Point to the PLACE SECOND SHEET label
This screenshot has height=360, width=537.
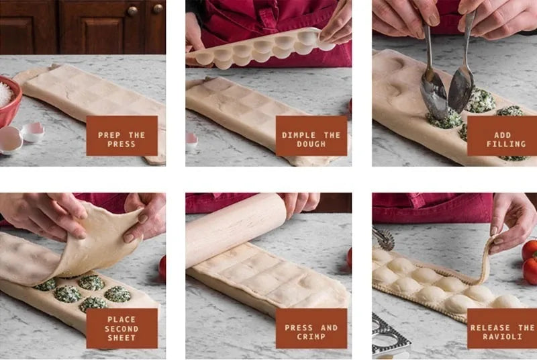(x=121, y=328)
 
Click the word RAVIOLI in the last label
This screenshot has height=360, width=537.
(x=502, y=336)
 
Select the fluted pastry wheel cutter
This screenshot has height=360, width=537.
(x=383, y=238)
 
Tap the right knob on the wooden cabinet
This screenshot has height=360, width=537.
(x=158, y=9)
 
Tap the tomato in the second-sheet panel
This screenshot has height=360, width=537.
(x=162, y=267)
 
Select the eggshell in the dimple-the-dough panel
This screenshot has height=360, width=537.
(x=191, y=140)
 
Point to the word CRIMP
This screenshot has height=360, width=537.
(x=311, y=336)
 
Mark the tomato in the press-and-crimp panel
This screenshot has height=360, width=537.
(x=349, y=258)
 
